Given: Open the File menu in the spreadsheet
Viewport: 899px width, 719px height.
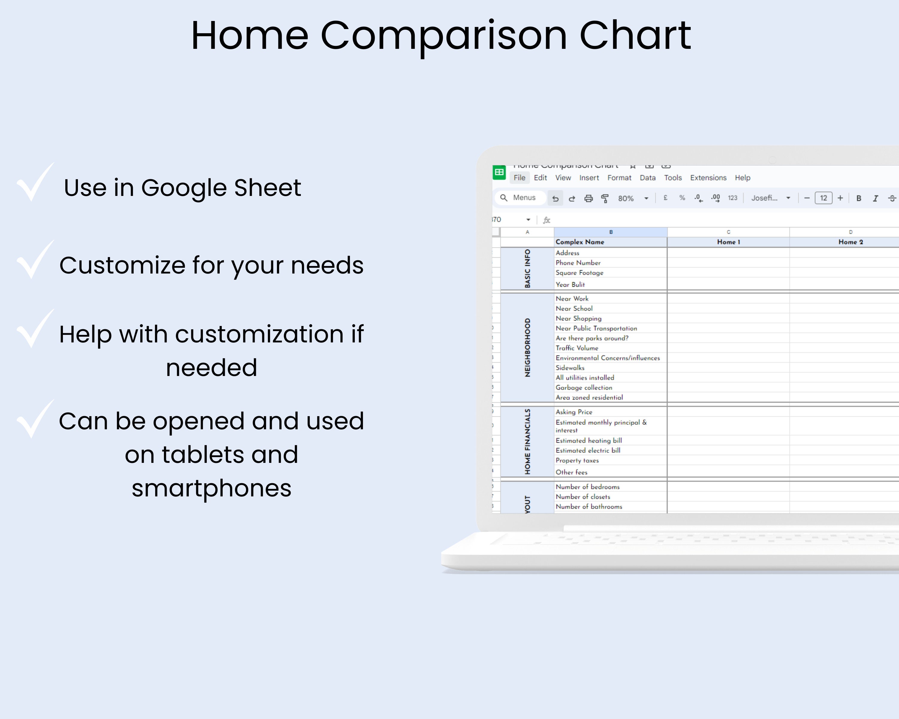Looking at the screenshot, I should [x=519, y=178].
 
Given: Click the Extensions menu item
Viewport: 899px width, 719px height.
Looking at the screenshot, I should [x=708, y=178].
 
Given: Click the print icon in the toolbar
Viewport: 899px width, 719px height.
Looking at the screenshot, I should [x=588, y=198].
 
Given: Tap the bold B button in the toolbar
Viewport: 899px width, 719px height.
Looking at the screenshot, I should [x=859, y=198].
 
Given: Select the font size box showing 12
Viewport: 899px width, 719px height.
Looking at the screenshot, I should [x=823, y=198].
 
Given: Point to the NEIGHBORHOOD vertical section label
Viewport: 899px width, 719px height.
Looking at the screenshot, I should [x=527, y=348].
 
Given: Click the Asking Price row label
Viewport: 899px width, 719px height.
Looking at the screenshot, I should [x=574, y=412].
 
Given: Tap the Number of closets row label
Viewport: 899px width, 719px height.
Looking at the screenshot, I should [x=583, y=497].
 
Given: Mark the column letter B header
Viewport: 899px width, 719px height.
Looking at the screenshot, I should [x=610, y=232].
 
